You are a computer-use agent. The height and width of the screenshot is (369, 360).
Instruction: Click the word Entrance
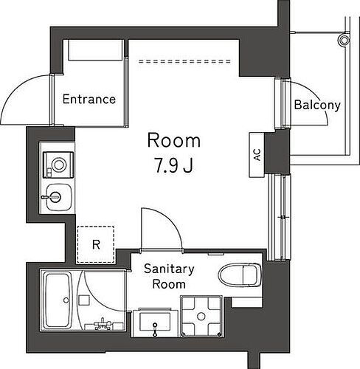[89, 99]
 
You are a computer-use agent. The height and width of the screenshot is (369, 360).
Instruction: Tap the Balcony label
[317, 105]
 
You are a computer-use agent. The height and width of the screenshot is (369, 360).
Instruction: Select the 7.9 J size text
[174, 164]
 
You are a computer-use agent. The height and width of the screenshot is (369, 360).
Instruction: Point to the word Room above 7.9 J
[174, 139]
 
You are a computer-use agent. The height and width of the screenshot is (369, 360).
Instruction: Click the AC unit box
[257, 155]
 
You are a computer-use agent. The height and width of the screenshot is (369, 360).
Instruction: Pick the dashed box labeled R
[96, 244]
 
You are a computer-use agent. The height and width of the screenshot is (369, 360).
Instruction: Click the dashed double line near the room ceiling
[184, 60]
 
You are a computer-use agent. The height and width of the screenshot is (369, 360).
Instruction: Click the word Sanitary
[168, 269]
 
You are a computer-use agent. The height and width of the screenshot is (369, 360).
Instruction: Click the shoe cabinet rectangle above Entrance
[94, 52]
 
